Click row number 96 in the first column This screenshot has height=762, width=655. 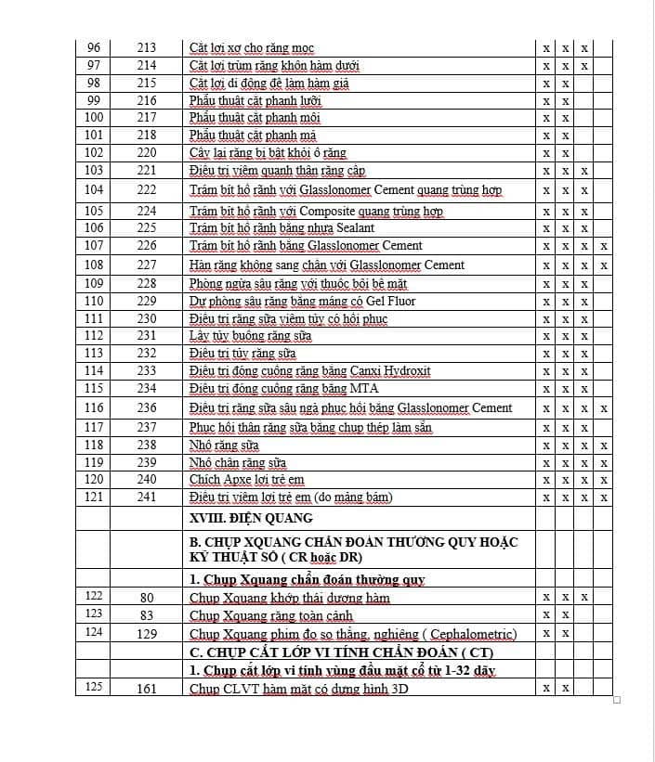point(93,47)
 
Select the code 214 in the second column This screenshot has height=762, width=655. point(147,65)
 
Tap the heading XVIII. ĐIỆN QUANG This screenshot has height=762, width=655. point(251,518)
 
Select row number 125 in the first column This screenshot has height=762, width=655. point(93,689)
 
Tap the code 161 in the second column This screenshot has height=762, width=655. point(147,689)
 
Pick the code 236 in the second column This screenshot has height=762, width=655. point(147,408)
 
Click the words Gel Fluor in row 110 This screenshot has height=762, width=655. point(390,302)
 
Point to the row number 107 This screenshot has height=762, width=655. point(93,246)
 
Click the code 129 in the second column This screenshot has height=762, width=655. point(147,634)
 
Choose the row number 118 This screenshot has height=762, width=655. point(93,446)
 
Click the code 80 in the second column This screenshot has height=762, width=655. point(147,598)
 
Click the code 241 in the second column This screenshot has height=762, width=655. point(147,497)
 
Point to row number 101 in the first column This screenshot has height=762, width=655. point(93,136)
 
